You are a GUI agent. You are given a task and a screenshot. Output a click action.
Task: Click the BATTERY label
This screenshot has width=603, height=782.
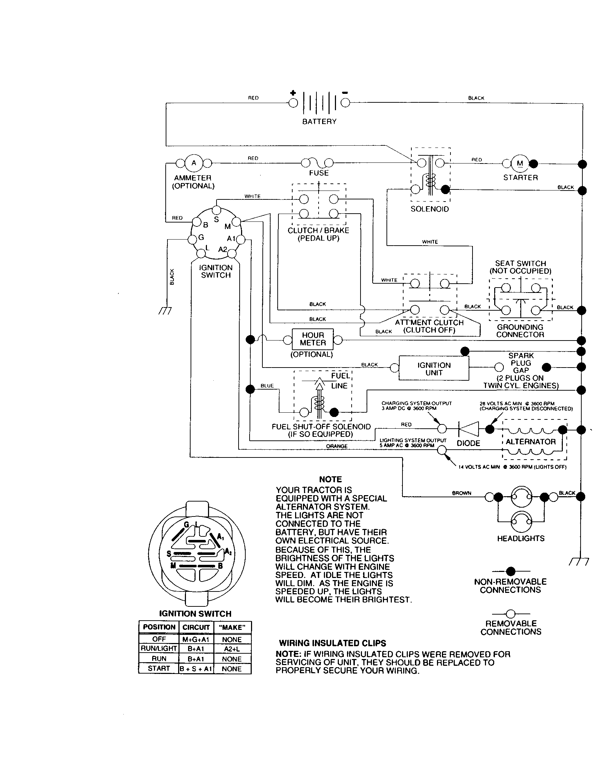[319, 122]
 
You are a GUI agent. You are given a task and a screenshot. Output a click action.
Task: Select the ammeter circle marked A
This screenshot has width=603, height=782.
[194, 163]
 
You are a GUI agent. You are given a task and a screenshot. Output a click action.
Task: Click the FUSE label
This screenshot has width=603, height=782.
[319, 173]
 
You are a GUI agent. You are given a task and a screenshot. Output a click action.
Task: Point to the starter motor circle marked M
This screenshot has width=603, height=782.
[520, 163]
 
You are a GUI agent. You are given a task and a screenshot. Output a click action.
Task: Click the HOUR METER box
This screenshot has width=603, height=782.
[313, 339]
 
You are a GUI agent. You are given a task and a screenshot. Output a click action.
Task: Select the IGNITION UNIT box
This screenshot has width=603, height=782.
[434, 369]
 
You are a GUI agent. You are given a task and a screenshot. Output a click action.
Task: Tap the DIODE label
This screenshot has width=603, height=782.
[468, 443]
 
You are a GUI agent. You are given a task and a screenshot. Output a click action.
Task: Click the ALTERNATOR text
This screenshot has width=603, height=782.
[531, 442]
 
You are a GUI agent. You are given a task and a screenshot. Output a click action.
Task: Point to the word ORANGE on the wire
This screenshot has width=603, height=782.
[337, 446]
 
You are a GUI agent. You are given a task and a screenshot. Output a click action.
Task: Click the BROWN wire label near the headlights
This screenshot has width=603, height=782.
[461, 493]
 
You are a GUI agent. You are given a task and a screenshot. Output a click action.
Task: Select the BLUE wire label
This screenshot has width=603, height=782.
[267, 386]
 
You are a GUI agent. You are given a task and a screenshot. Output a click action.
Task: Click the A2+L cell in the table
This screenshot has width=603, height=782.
[232, 648]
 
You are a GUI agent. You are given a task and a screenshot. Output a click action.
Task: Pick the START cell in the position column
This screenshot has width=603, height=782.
[159, 668]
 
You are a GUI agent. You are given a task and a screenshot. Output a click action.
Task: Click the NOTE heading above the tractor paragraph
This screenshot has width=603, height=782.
[330, 479]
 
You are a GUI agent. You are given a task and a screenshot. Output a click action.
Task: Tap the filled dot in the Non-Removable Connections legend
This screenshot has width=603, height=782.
[511, 571]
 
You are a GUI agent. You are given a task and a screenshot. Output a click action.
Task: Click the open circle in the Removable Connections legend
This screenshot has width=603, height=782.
[511, 614]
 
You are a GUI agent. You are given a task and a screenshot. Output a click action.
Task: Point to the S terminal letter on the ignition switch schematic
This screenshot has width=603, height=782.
[216, 219]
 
